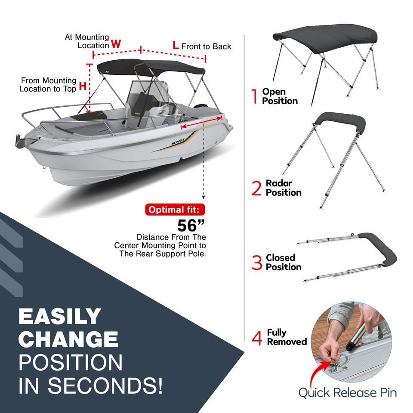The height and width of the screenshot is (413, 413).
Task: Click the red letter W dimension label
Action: tap(116, 44)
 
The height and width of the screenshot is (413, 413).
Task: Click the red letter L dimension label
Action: tap(176, 45)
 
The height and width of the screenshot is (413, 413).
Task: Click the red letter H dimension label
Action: tap(83, 86)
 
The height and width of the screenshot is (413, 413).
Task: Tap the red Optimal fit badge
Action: tap(174, 210)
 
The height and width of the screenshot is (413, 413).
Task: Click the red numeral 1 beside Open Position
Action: tap(255, 96)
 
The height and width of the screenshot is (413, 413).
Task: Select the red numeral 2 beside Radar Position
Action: tap(256, 188)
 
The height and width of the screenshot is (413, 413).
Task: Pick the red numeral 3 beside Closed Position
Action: tap(257, 263)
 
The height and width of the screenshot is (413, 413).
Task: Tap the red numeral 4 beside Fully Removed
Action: tap(257, 338)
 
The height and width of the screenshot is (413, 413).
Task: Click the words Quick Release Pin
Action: tap(347, 392)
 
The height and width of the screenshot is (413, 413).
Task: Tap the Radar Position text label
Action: tap(283, 188)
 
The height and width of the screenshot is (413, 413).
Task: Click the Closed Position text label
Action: tap(283, 262)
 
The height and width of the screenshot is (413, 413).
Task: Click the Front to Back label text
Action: tap(206, 46)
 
